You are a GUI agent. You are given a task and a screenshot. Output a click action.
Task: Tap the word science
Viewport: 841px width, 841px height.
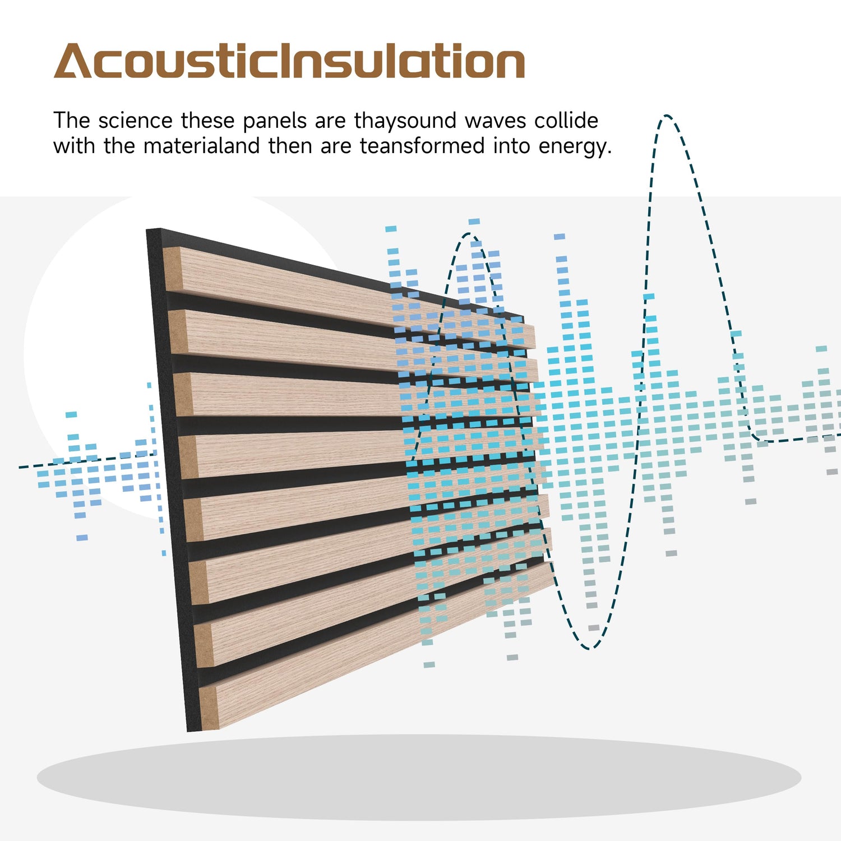(x=135, y=121)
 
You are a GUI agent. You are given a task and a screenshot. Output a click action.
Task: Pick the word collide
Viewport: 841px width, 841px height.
(x=566, y=121)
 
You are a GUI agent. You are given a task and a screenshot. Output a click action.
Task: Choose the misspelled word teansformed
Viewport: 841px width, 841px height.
(x=422, y=146)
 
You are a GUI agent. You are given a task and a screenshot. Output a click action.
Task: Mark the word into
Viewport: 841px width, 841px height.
(x=511, y=146)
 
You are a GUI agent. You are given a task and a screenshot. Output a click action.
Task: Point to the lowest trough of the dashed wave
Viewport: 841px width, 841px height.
(x=589, y=648)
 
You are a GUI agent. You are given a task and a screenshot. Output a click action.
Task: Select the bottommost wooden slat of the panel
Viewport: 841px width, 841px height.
(x=376, y=645)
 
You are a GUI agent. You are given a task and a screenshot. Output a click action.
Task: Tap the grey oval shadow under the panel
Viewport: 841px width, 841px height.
(x=419, y=777)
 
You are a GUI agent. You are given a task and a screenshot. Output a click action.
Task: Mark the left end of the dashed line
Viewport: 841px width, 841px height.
(x=19, y=466)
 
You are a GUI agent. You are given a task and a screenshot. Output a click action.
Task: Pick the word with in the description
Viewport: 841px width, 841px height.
(x=75, y=146)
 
